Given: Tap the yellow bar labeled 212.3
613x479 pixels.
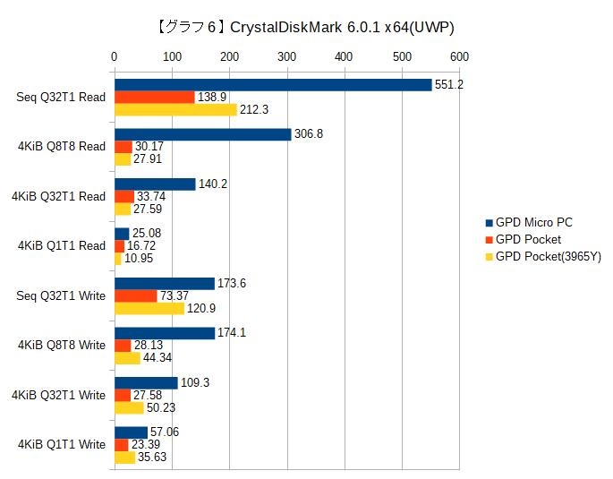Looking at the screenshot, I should click(x=175, y=109).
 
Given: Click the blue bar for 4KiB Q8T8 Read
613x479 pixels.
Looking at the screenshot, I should click(x=202, y=134).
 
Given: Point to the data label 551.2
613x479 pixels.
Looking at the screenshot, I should click(x=448, y=84).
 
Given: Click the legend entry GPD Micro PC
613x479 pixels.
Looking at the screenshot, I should click(x=534, y=222).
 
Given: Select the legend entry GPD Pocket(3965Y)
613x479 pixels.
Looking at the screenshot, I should click(x=549, y=257).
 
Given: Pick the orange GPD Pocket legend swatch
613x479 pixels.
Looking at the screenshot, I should click(x=490, y=240).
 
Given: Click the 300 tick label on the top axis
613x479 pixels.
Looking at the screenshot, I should click(x=286, y=56).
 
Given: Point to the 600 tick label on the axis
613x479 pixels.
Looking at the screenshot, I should click(x=459, y=56).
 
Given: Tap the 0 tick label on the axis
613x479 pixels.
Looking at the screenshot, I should click(x=114, y=56).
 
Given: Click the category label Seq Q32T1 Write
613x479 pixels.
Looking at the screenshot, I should click(x=62, y=295).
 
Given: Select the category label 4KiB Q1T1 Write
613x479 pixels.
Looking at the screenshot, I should click(x=63, y=444).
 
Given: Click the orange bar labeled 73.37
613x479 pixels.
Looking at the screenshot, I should click(x=135, y=295).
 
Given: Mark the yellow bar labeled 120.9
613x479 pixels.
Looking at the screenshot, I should click(x=149, y=308).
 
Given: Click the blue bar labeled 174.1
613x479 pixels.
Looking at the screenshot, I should click(x=164, y=333).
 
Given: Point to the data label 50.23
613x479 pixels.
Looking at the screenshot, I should click(x=161, y=407).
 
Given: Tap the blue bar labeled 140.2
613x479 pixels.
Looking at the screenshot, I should click(x=154, y=184).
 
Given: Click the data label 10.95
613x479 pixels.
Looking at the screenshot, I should click(x=139, y=259).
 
